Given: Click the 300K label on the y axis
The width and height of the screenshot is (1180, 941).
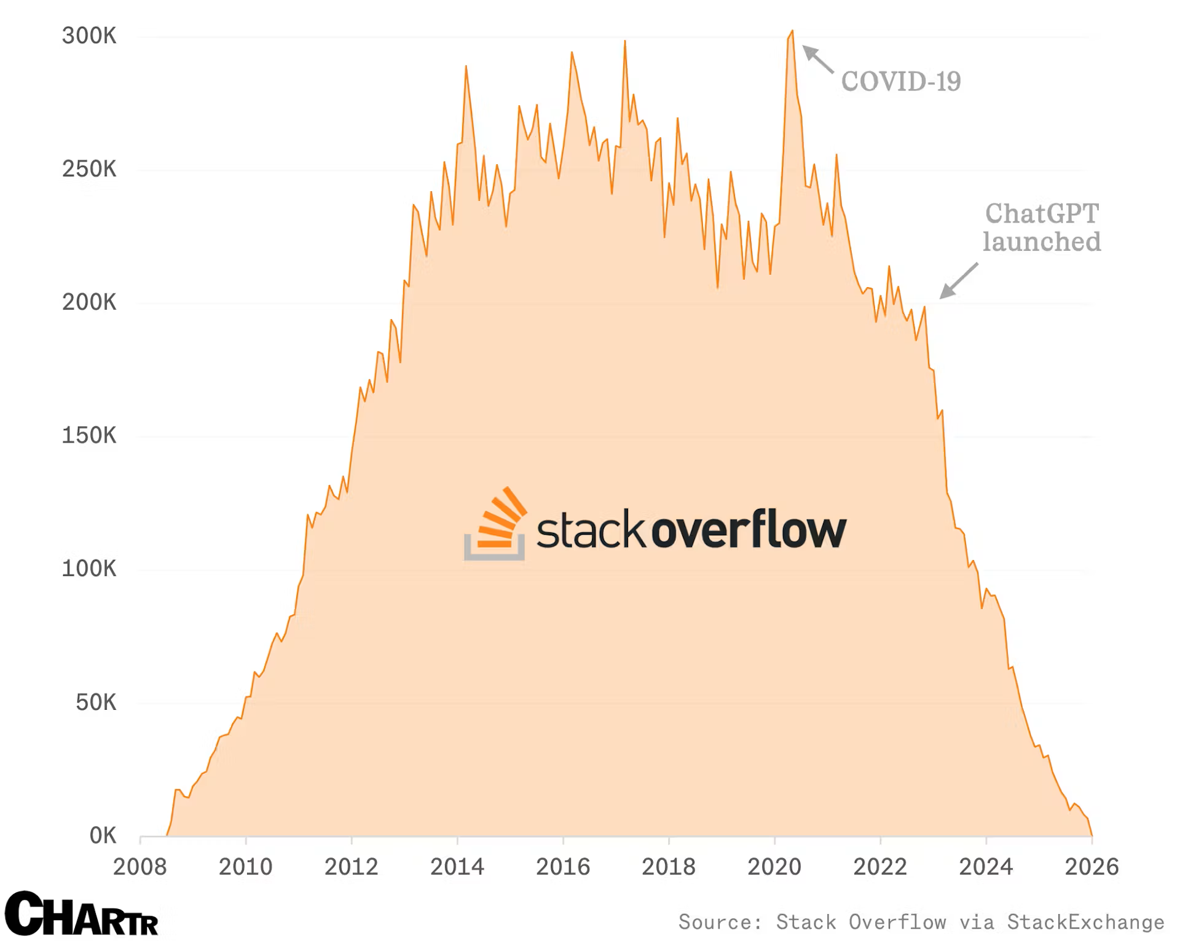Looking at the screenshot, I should (x=89, y=36).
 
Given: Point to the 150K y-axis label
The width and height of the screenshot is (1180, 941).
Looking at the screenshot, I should (x=89, y=435).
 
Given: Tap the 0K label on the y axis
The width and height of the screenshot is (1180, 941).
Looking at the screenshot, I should (x=103, y=835).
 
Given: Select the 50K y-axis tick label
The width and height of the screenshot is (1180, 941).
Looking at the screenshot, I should (x=96, y=702).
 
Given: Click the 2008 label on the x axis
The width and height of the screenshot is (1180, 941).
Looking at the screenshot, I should (x=140, y=867).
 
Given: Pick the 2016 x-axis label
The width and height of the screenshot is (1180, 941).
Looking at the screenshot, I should (x=562, y=867).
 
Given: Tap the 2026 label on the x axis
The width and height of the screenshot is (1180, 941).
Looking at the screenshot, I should (x=1091, y=867).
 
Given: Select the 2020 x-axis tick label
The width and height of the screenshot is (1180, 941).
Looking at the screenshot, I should (x=774, y=867).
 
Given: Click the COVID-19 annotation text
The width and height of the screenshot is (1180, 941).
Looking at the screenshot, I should (x=900, y=81).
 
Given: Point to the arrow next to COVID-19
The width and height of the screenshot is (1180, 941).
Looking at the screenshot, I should (x=817, y=59).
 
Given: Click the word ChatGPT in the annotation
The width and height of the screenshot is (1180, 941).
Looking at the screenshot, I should (x=1042, y=213).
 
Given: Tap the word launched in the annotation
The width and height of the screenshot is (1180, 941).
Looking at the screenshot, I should (x=1042, y=242).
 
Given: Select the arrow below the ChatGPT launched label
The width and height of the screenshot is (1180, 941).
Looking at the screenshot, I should (x=958, y=281).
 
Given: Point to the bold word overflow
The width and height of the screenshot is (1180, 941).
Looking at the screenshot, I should (x=749, y=529).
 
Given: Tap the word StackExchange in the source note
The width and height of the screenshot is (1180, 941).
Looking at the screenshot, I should (x=1085, y=922).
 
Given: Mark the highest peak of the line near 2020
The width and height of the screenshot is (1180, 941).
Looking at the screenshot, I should (x=792, y=31).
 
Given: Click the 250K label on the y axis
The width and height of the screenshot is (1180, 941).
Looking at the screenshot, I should (x=89, y=169).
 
